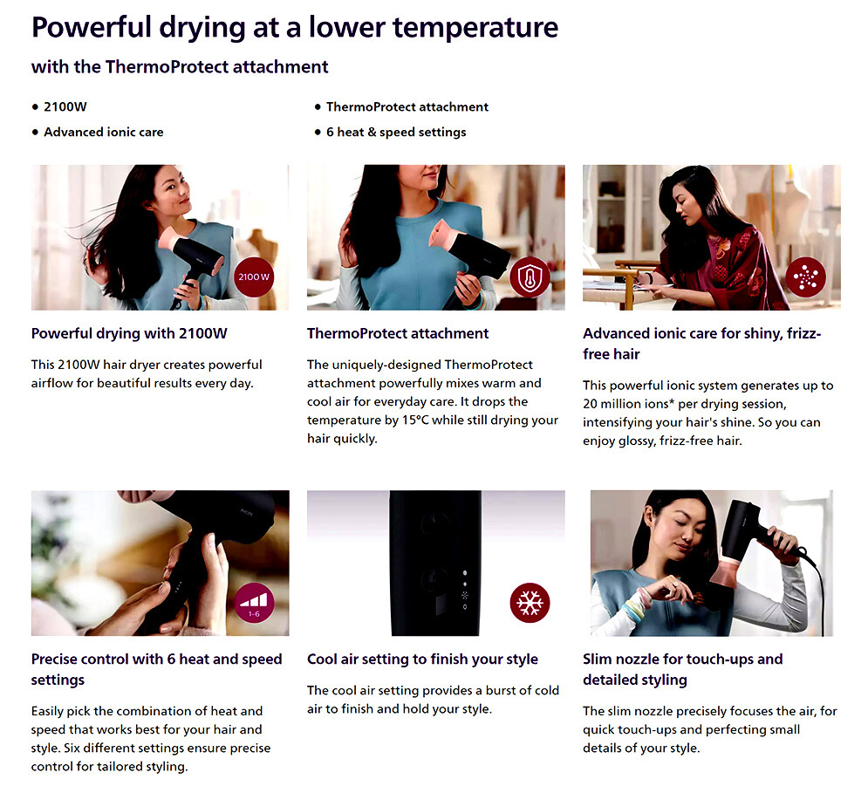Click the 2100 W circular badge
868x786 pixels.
point(254,277)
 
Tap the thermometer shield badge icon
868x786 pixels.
point(530,277)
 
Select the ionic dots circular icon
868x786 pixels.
point(805,277)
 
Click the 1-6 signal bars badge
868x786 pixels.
point(254,603)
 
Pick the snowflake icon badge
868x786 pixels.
point(530,603)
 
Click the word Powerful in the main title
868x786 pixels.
point(92,27)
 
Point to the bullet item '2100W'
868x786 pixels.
point(65,106)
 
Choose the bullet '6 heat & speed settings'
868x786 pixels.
point(396,133)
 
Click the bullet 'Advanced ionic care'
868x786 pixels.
point(104,133)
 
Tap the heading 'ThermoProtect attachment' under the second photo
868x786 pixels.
point(398,333)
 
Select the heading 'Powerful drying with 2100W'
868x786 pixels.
point(129,333)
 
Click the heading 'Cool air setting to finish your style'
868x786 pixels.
point(422,660)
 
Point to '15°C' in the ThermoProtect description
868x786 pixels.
point(415,420)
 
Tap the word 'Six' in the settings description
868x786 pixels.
point(73,748)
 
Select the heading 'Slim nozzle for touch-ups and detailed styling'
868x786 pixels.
point(682,669)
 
